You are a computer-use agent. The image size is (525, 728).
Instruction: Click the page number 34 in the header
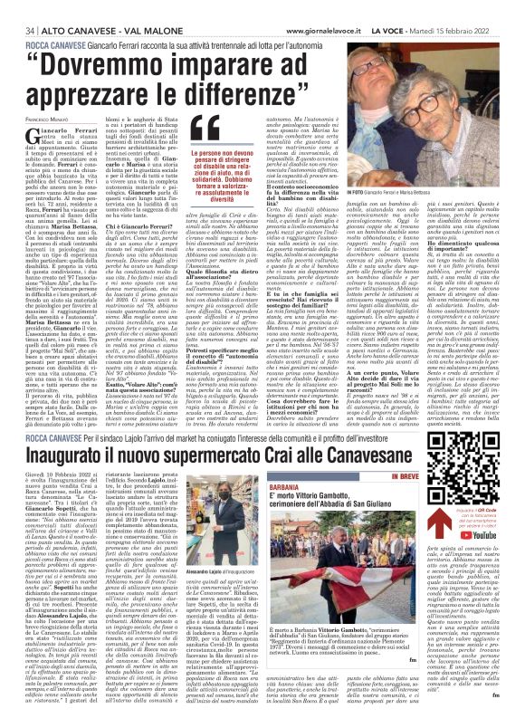[x=16, y=6]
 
